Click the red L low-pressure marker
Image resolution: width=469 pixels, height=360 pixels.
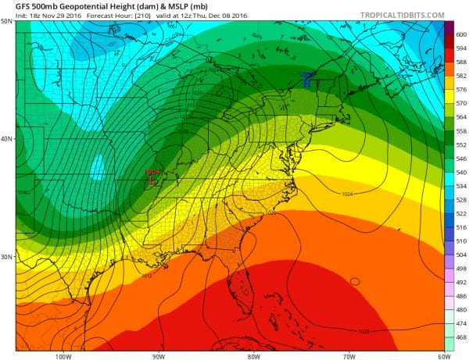(152, 180)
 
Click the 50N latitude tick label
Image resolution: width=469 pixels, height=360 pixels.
(6, 21)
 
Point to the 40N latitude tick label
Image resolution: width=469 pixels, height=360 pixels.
(6, 140)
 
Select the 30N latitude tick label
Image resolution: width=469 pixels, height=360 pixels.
(6, 258)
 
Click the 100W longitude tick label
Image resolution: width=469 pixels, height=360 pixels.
(63, 355)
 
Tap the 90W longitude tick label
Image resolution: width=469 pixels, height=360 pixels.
(159, 355)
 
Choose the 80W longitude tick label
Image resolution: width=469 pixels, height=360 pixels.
(253, 355)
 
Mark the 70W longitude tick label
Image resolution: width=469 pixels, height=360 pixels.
(349, 355)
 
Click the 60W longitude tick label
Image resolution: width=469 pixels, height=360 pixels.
(442, 355)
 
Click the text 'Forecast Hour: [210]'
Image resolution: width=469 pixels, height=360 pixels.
(97, 15)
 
